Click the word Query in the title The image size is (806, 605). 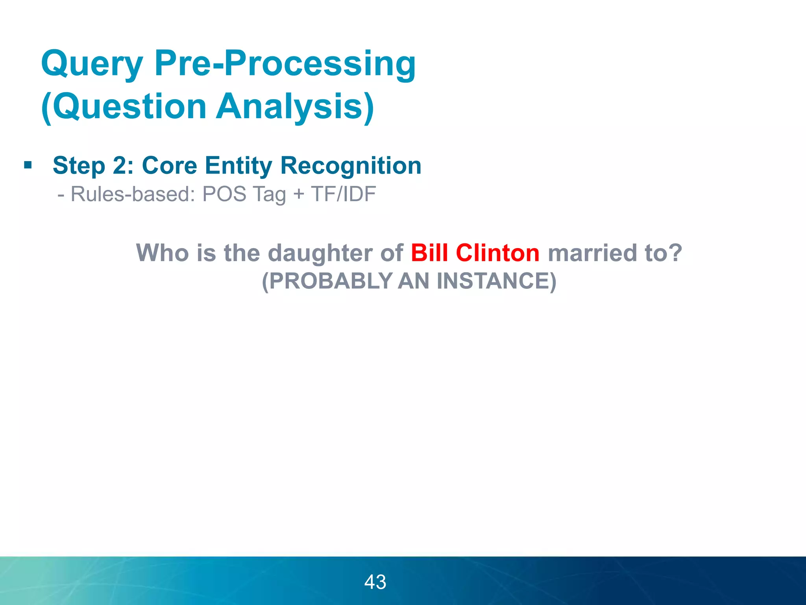[x=92, y=64]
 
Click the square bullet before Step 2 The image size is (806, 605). [x=28, y=165]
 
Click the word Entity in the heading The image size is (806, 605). [x=238, y=165]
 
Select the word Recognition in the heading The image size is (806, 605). [x=351, y=165]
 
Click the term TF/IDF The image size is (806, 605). [x=343, y=194]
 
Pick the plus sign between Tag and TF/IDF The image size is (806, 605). [x=298, y=194]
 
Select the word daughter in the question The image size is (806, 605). [x=320, y=253]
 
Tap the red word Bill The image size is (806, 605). [x=429, y=252]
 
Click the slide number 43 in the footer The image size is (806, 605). [x=375, y=582]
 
